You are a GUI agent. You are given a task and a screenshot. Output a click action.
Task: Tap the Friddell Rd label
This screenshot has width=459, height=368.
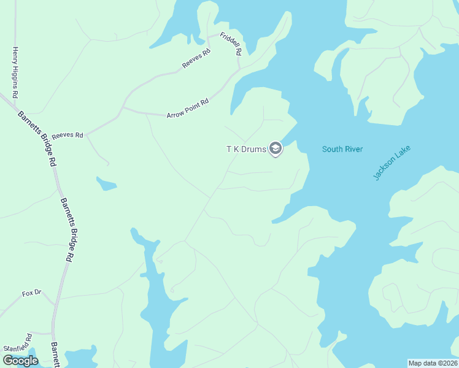pyautogui.click(x=231, y=44)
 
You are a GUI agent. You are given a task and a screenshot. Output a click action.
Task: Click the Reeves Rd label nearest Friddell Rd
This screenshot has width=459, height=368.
pyautogui.click(x=196, y=59)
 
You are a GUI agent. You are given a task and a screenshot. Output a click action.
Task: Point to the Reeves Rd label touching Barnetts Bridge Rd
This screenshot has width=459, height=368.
pyautogui.click(x=67, y=135)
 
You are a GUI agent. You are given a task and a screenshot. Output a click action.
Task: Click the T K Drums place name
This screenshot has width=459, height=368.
pyautogui.click(x=246, y=149)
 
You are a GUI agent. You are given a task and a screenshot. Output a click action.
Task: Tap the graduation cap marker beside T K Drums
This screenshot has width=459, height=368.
pyautogui.click(x=276, y=148)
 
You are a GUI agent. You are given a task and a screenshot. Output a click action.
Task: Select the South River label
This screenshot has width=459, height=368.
pyautogui.click(x=342, y=149)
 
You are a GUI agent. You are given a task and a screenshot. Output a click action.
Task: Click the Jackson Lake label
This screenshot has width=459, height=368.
pyautogui.click(x=391, y=163)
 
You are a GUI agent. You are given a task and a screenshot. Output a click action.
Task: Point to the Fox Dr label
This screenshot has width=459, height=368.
pyautogui.click(x=31, y=293)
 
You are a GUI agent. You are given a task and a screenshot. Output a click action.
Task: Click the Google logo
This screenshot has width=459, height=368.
pyautogui.click(x=20, y=360)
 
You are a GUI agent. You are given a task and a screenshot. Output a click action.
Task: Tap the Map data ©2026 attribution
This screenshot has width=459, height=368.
pyautogui.click(x=433, y=362)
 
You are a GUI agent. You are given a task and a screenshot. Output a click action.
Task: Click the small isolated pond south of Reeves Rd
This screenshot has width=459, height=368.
pyautogui.click(x=106, y=183)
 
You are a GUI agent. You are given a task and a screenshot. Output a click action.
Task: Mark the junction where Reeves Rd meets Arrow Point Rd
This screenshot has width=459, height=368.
pyautogui.click(x=123, y=108)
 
